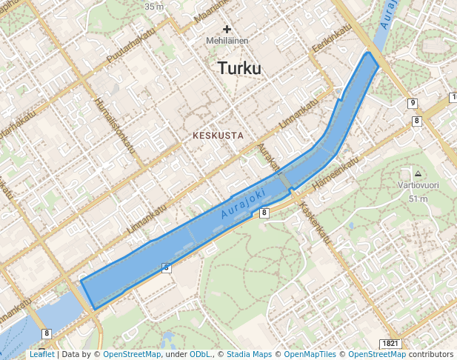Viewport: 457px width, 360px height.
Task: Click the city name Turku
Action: [x=239, y=69]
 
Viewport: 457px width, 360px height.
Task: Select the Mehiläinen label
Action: [x=227, y=41]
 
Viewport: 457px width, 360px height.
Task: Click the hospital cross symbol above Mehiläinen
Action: [x=227, y=29]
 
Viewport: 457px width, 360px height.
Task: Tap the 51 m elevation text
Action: [x=418, y=199]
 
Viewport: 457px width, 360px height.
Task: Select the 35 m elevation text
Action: [x=154, y=6]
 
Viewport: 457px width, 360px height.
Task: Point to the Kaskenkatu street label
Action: [x=316, y=220]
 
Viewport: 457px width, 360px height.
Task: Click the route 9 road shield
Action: [x=413, y=103]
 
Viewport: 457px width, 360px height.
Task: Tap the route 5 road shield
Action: [x=167, y=267]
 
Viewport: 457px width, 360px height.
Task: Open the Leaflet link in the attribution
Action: [x=41, y=354]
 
